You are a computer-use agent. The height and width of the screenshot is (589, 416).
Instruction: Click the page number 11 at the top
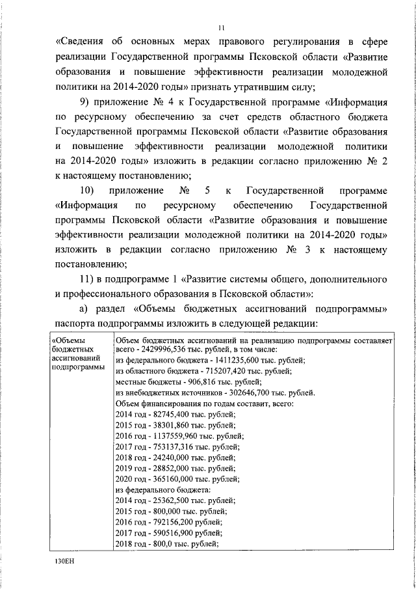(221, 27)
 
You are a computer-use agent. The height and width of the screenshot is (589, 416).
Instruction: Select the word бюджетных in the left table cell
(70, 349)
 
